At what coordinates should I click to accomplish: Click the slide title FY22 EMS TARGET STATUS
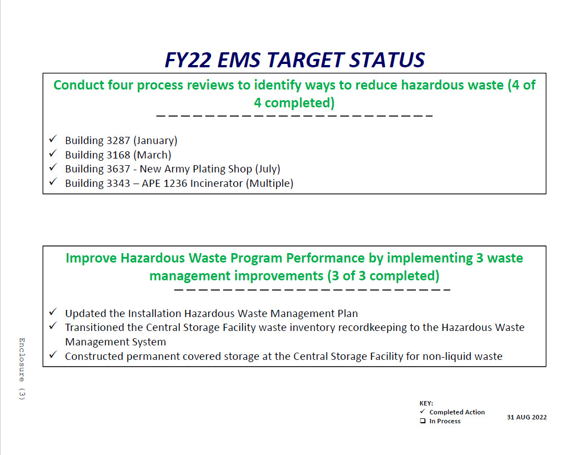click(294, 60)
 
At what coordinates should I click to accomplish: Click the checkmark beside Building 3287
click(53, 139)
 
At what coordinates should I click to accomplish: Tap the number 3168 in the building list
click(118, 155)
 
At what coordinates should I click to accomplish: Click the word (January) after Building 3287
click(155, 141)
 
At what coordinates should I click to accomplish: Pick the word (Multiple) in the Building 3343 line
click(270, 184)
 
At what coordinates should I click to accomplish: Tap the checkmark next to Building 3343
click(53, 182)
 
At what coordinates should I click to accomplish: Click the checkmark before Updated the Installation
click(53, 312)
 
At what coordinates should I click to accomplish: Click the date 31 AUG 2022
click(526, 417)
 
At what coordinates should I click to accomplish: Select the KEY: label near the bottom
click(426, 403)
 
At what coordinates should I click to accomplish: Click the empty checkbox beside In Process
click(423, 421)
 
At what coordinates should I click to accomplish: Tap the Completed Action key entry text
click(457, 412)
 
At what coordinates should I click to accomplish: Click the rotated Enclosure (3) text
click(22, 369)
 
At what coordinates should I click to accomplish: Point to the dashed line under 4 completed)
click(294, 116)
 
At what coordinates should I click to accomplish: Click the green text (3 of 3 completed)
click(383, 276)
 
